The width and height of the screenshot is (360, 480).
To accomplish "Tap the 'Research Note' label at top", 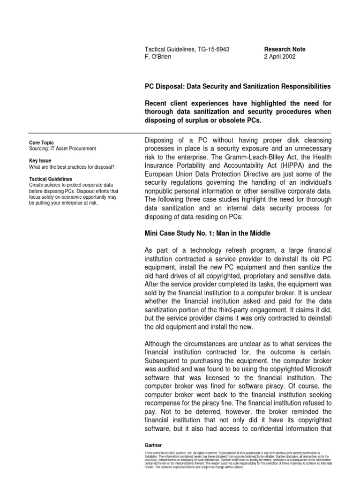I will tap(285, 49).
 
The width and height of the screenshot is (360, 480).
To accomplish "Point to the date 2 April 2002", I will tap(280, 57).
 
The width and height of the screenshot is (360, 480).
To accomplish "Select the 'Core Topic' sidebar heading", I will tap(41, 142).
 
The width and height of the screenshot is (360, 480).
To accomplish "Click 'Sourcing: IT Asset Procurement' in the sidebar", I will tap(62, 149).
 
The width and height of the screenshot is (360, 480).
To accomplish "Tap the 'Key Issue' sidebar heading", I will tap(40, 160).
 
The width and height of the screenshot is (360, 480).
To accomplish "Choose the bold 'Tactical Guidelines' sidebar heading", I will tap(51, 179).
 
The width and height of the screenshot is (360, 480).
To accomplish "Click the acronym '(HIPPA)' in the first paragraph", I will tap(270, 165).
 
